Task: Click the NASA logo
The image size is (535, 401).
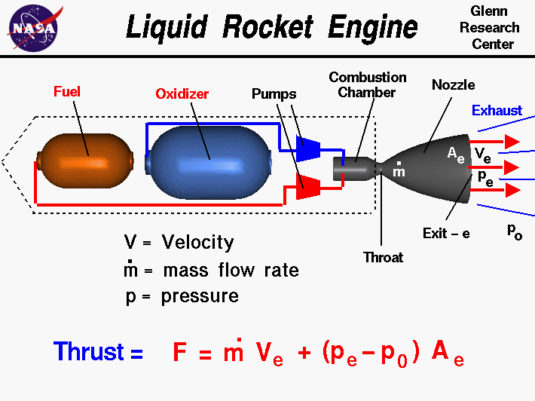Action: click(x=33, y=28)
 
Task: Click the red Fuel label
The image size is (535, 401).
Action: click(x=67, y=92)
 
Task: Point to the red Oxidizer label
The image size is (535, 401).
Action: click(x=182, y=94)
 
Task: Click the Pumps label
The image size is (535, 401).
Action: click(x=274, y=94)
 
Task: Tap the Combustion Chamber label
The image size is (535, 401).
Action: click(x=368, y=84)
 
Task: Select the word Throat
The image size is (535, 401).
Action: click(x=384, y=257)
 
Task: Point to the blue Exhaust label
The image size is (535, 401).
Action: click(x=497, y=111)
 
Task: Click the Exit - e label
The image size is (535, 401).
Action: click(x=446, y=234)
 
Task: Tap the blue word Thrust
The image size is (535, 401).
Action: click(x=88, y=352)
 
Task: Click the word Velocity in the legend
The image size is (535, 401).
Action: click(x=197, y=243)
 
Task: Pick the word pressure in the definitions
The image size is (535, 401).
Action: click(x=200, y=295)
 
